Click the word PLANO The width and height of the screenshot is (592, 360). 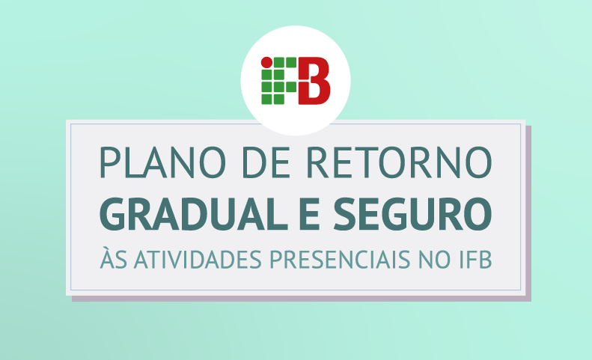pos(162,162)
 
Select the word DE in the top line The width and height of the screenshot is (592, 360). pos(266,162)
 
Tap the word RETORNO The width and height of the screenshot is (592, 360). pos(399,162)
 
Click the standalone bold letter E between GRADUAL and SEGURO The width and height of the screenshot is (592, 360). pos(310,214)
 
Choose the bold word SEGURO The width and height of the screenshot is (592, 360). pos(412,213)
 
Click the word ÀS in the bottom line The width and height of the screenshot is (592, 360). pos(113,257)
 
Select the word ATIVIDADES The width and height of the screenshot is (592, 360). pos(198,259)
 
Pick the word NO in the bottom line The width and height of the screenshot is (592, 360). pos(435,259)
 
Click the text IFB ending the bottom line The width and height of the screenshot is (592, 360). pos(475,259)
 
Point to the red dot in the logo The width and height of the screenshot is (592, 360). pos(266,62)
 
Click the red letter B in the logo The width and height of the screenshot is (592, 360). pos(314,81)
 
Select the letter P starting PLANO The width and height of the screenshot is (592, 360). pos(109,162)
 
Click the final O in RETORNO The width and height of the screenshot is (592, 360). pos(478,162)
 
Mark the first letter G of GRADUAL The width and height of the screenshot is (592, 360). pos(112,214)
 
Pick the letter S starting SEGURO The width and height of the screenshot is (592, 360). pos(344,214)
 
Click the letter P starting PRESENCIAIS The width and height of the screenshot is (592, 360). pos(276,260)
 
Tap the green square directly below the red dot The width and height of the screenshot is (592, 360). pos(266,75)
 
